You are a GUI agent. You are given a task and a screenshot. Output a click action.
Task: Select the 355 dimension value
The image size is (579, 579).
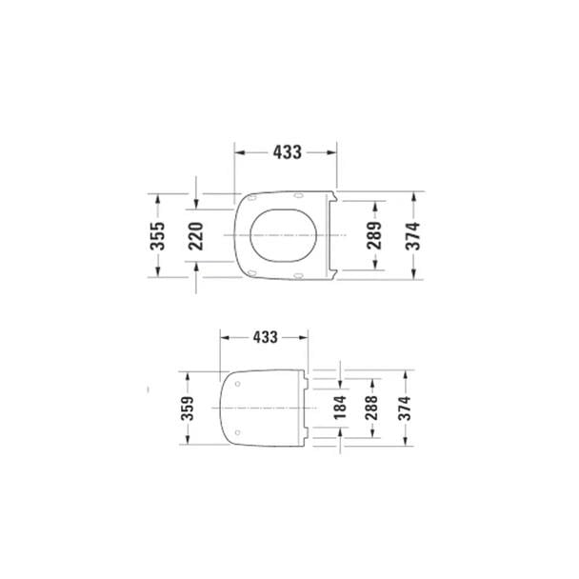coord(159,234)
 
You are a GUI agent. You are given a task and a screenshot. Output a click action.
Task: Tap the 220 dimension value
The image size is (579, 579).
coord(196,234)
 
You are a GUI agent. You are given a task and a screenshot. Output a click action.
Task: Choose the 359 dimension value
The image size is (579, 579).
coord(187,408)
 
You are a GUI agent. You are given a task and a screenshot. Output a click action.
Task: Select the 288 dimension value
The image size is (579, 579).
coord(371,408)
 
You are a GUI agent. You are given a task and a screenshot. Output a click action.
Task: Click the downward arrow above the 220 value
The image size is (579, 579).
coord(196,204)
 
